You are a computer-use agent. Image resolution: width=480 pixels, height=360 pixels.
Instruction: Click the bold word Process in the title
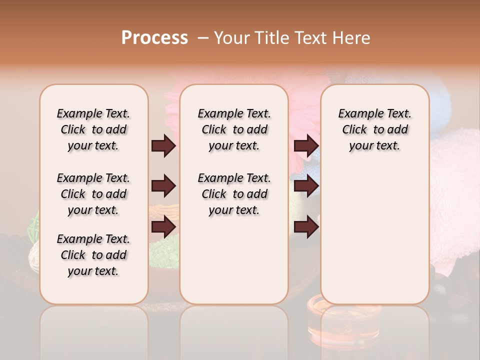(x=154, y=38)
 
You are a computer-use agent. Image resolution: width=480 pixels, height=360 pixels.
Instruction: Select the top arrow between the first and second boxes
(x=163, y=146)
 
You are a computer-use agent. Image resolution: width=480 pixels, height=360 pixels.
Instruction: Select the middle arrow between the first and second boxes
(x=163, y=186)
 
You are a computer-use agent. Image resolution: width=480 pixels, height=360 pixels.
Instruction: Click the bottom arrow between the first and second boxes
(x=163, y=227)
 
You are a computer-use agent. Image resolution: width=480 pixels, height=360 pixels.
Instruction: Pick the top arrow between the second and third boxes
(x=306, y=146)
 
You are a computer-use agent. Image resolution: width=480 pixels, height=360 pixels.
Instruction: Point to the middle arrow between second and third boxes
(x=306, y=186)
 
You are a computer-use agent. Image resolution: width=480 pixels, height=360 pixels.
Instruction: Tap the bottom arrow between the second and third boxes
(x=306, y=227)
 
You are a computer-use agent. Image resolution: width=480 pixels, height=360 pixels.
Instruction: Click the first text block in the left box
(x=93, y=129)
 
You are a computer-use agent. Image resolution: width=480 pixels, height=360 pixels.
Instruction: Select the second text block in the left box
(x=93, y=194)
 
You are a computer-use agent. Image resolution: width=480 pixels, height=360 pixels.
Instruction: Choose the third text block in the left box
(x=93, y=255)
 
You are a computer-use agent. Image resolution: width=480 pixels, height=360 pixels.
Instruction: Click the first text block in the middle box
(x=234, y=129)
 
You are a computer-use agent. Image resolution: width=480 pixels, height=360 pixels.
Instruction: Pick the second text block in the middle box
(x=234, y=194)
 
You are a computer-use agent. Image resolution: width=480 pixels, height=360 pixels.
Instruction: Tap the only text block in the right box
(x=375, y=129)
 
